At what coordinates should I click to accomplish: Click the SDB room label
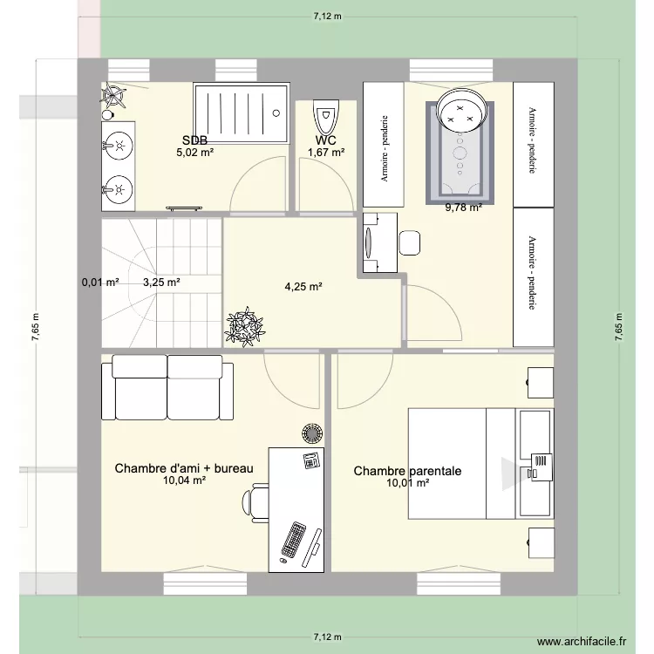pos(194,140)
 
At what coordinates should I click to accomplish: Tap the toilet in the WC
pos(326,115)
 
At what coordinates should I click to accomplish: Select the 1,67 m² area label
pos(326,153)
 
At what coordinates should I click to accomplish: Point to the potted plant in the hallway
pos(245,325)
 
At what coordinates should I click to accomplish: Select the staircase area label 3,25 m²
pos(161,283)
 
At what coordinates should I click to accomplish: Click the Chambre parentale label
pos(407,471)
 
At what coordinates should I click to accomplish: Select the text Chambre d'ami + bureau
pos(184,469)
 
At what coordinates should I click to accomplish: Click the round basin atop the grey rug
pos(461,111)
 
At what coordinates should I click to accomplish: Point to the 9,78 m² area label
pos(464,208)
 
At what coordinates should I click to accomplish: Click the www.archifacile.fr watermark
pos(581,642)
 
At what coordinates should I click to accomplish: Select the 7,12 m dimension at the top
pos(327,15)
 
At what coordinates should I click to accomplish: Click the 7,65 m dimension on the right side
pos(619,332)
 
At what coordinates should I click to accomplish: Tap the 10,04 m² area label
pos(184,480)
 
